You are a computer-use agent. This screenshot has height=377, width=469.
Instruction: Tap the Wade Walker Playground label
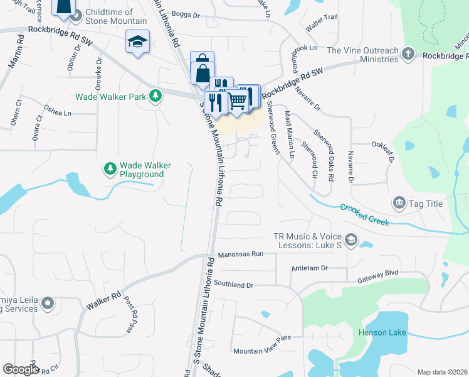point(145,169)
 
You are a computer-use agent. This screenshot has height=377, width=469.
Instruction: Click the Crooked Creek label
point(364,214)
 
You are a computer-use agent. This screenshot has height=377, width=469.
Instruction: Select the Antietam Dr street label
point(310,268)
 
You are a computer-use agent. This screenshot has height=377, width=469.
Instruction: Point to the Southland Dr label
point(233,285)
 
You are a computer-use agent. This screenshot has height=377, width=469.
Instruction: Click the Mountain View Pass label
point(262,351)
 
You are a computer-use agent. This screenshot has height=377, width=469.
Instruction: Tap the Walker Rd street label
point(103,302)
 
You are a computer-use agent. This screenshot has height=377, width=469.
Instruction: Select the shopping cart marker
point(237,99)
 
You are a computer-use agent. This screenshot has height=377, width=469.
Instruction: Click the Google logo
point(21,369)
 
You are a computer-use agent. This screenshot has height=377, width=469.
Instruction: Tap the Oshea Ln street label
point(58,113)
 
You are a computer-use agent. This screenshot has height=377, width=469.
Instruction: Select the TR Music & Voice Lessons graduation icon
point(350,239)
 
